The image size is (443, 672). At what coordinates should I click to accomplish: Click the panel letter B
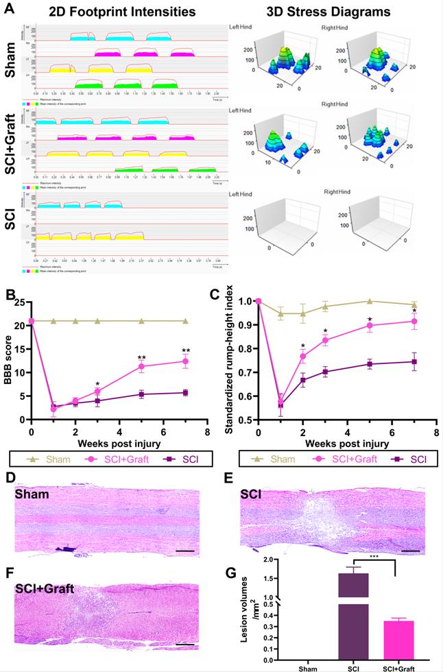click(11, 296)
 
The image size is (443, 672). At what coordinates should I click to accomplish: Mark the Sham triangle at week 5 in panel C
click(370, 301)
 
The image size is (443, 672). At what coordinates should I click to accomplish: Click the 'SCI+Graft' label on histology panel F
click(47, 588)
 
